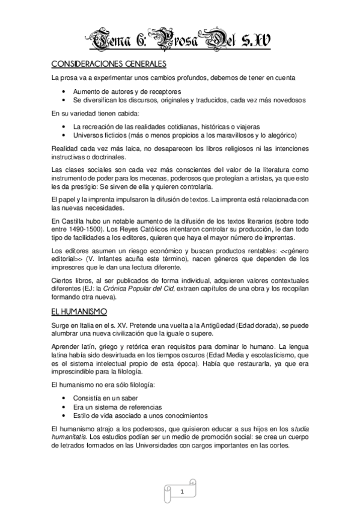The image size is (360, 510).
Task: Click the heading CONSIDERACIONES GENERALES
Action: coord(108,64)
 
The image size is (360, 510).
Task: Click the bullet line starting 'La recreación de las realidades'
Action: coord(166,127)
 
